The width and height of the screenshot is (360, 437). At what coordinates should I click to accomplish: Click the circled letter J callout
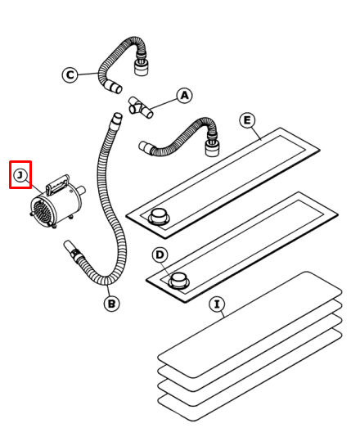coord(20,176)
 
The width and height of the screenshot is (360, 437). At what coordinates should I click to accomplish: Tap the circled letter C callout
coord(70,75)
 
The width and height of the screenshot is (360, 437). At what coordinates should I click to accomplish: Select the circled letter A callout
coord(184,96)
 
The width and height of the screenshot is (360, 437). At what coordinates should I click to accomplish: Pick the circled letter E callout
coord(247,120)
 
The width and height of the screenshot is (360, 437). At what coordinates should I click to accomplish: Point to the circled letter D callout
coord(160,255)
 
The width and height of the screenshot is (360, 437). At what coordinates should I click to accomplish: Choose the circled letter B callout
coord(111,304)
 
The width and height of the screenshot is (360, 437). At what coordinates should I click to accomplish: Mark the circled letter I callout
coord(218,304)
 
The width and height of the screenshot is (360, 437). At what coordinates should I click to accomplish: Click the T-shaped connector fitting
coord(141,107)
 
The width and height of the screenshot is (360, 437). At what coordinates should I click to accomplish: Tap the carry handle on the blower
coord(58,184)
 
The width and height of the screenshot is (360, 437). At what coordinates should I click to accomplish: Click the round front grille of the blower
coord(42,213)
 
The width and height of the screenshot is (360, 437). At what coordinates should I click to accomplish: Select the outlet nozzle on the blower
coord(81,191)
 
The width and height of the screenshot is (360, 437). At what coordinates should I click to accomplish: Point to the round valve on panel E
coord(159,216)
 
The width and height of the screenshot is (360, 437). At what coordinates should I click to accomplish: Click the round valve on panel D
coord(178,281)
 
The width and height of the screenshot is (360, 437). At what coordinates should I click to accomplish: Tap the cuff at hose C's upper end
coord(141,67)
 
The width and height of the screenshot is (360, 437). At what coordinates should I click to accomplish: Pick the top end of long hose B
coord(117,117)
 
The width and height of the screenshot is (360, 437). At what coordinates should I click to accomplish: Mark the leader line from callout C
coord(88,74)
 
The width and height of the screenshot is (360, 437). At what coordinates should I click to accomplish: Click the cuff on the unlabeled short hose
coord(212,148)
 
